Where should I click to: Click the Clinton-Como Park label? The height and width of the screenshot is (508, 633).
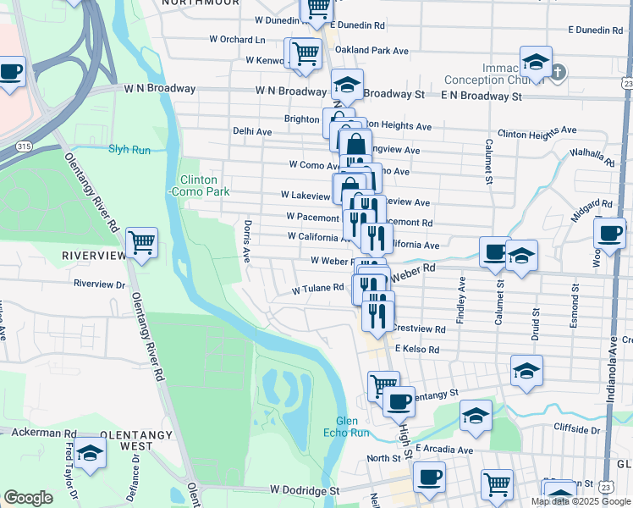(199, 186)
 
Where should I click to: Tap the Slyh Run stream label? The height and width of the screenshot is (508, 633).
(129, 150)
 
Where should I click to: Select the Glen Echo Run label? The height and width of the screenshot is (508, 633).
(353, 427)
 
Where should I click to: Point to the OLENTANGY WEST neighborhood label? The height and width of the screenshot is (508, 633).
(136, 439)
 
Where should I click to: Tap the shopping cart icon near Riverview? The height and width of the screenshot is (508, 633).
(141, 243)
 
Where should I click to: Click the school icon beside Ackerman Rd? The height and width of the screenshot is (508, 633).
(89, 454)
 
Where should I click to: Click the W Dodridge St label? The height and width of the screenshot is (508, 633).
(305, 490)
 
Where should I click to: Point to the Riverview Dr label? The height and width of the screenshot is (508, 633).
(99, 284)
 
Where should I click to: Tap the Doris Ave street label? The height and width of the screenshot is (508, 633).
(247, 240)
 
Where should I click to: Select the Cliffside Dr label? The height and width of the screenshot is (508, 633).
(581, 428)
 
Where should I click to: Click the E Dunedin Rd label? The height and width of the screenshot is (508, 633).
(595, 30)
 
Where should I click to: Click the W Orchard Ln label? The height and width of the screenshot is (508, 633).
(237, 39)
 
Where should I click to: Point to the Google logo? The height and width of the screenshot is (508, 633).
(28, 498)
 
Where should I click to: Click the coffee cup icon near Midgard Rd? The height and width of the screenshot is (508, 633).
(608, 233)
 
